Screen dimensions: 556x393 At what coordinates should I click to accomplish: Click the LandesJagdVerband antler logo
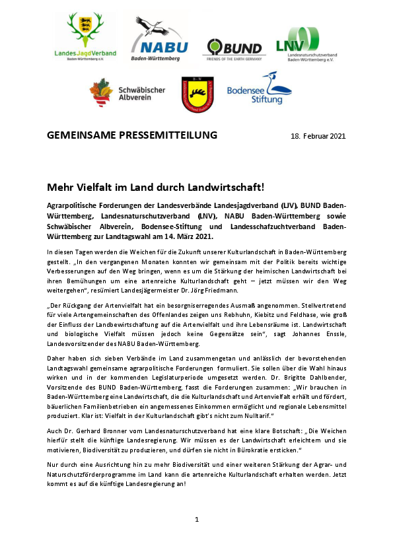tap(85, 37)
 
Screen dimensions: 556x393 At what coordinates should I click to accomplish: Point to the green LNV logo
tap(305, 43)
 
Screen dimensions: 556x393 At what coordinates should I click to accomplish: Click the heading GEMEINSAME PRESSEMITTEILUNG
tap(132, 135)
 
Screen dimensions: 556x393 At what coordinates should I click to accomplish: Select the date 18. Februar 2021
tap(318, 137)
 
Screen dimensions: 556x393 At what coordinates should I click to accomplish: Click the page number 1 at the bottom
tap(197, 538)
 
